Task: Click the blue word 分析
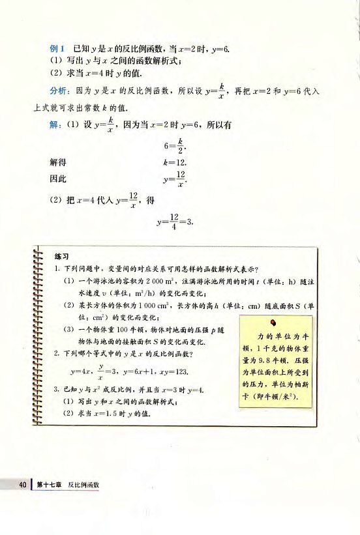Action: tap(59, 92)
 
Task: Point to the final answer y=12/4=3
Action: tap(176, 224)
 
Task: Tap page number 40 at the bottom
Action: tap(22, 484)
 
